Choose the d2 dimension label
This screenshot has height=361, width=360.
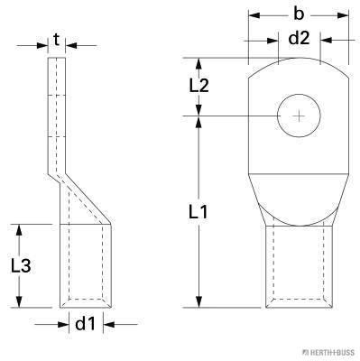tap(298, 38)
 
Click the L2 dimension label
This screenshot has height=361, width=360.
tap(199, 87)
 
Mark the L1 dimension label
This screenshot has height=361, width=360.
tap(199, 212)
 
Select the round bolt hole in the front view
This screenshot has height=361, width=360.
tap(298, 116)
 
